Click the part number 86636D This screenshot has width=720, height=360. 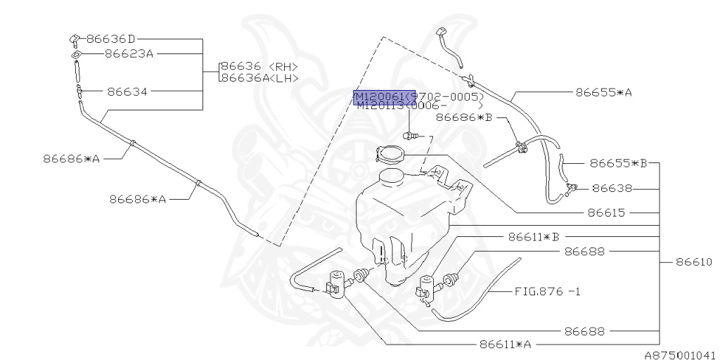tap(110, 39)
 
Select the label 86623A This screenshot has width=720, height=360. tap(129, 53)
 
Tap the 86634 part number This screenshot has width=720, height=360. tap(130, 91)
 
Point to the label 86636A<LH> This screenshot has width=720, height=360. tap(259, 77)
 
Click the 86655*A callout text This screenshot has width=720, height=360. tap(603, 91)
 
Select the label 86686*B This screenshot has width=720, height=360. tap(463, 118)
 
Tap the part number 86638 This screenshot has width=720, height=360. tap(612, 188)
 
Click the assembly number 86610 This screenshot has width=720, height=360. tap(694, 262)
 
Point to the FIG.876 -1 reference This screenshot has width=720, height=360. tap(547, 290)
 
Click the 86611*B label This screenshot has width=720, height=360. tap(533, 237)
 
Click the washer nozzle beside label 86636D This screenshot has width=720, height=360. tap(74, 38)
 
